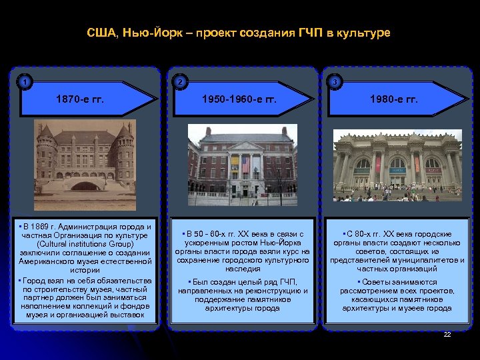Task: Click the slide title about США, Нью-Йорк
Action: [239, 32]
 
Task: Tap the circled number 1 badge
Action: [25, 83]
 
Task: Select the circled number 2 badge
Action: [178, 83]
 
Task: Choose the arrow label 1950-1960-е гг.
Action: [238, 99]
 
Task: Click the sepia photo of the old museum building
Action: [85, 160]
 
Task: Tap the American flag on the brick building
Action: [246, 165]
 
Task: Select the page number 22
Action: [447, 333]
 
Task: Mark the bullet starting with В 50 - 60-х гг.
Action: [243, 251]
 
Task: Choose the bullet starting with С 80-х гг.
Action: [397, 251]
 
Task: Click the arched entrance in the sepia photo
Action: [85, 187]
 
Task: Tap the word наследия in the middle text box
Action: [243, 269]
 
